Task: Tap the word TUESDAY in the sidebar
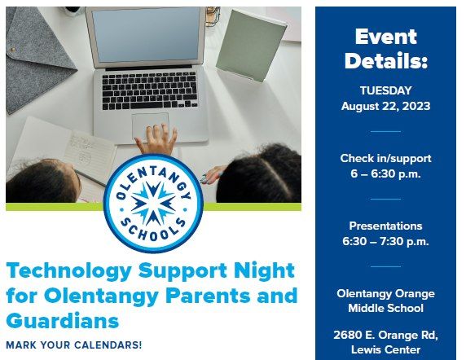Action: pyautogui.click(x=385, y=90)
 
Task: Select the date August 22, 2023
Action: pyautogui.click(x=385, y=106)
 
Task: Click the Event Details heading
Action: pyautogui.click(x=385, y=49)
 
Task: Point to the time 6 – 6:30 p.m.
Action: pyautogui.click(x=385, y=174)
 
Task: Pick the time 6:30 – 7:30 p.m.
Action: pyautogui.click(x=385, y=242)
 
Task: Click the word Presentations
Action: pyautogui.click(x=385, y=226)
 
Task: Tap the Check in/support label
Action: pyautogui.click(x=385, y=158)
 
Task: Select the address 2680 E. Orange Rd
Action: pyautogui.click(x=385, y=335)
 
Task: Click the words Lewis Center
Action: pyautogui.click(x=385, y=350)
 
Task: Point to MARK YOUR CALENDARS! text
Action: pyautogui.click(x=73, y=345)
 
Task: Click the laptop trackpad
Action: pyautogui.click(x=151, y=122)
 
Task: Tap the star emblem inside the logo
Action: pyautogui.click(x=154, y=203)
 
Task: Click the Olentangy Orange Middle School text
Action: pyautogui.click(x=385, y=301)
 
